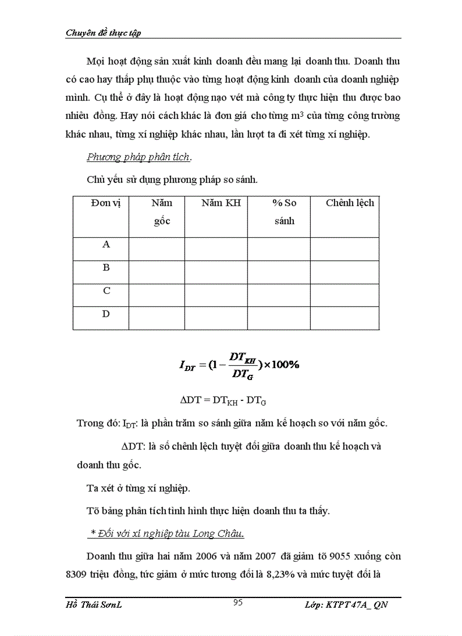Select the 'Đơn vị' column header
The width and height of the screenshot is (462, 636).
pyautogui.click(x=102, y=203)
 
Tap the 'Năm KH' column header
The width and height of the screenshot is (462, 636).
pyautogui.click(x=221, y=203)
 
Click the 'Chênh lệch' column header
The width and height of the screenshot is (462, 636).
pyautogui.click(x=349, y=203)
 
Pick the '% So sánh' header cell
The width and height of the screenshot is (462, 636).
pyautogui.click(x=284, y=212)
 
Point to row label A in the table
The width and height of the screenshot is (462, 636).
pyautogui.click(x=106, y=245)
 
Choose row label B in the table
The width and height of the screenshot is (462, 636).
pyautogui.click(x=106, y=268)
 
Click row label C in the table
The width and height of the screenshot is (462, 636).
pyautogui.click(x=106, y=291)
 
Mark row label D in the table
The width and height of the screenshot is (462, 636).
pyautogui.click(x=106, y=314)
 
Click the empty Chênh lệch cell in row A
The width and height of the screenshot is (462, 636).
pyautogui.click(x=344, y=249)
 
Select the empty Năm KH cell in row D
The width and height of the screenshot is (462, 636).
pyautogui.click(x=216, y=318)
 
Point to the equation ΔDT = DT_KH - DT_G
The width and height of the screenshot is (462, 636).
pyautogui.click(x=223, y=400)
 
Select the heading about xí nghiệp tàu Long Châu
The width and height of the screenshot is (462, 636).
pyautogui.click(x=168, y=533)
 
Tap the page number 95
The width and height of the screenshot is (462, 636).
pyautogui.click(x=238, y=603)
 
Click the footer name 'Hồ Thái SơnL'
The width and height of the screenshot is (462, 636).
pyautogui.click(x=94, y=605)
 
